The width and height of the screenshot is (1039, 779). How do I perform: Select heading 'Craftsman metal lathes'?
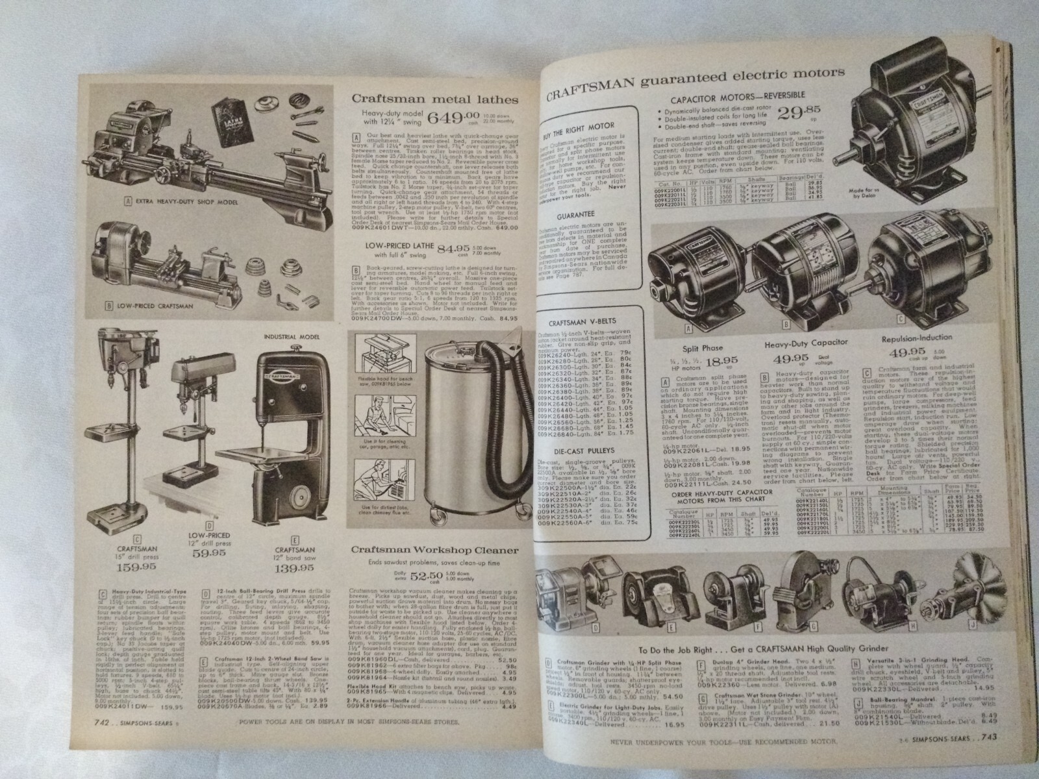click(434, 99)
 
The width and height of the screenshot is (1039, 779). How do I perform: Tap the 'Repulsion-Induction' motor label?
click(917, 338)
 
